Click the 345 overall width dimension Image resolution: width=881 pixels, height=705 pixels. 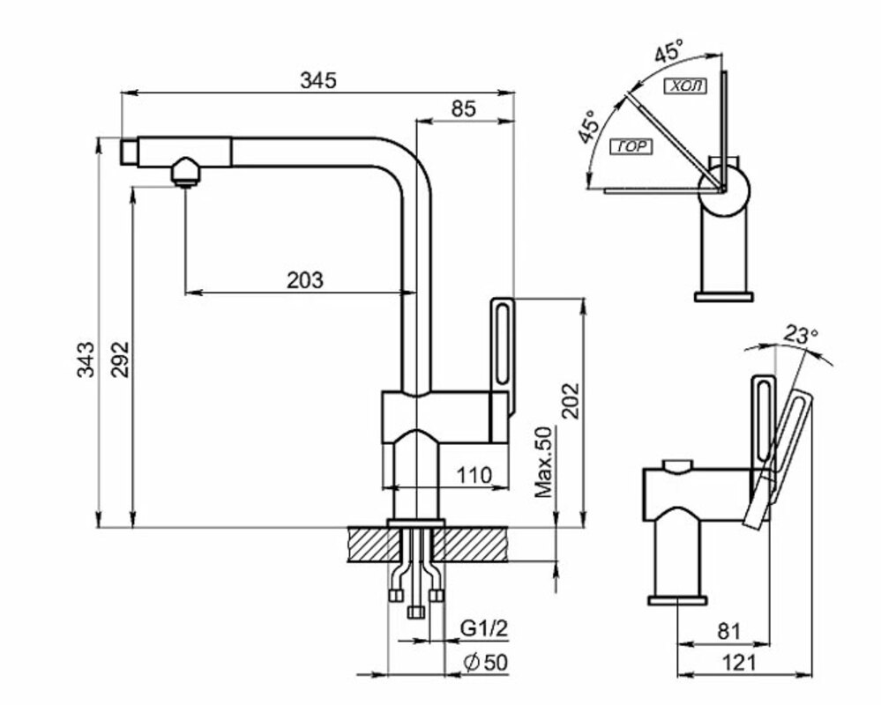click(318, 80)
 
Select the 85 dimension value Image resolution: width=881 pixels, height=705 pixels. click(464, 108)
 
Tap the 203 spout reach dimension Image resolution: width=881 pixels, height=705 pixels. click(305, 279)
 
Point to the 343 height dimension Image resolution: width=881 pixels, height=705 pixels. click(86, 360)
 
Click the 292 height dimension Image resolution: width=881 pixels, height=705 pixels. click(120, 360)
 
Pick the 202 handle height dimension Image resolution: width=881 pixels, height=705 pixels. click(571, 400)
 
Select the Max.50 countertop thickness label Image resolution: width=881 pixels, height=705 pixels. click(544, 462)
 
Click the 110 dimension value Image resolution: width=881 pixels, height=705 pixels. click(474, 475)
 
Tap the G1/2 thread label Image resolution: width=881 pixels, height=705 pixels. click(484, 628)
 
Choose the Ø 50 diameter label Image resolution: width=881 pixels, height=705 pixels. click(485, 663)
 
